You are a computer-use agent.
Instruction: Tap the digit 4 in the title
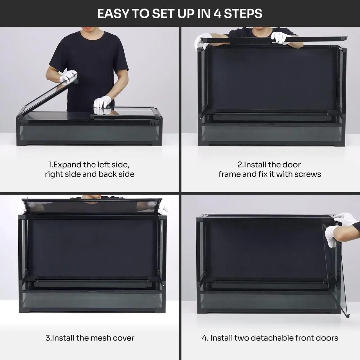[x=217, y=13]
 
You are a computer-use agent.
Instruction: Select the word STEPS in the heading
[x=243, y=13]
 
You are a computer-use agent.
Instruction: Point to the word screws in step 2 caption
[x=308, y=174]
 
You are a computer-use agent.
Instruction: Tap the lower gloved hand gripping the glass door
[x=332, y=236]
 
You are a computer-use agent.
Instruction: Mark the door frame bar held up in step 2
[x=276, y=40]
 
